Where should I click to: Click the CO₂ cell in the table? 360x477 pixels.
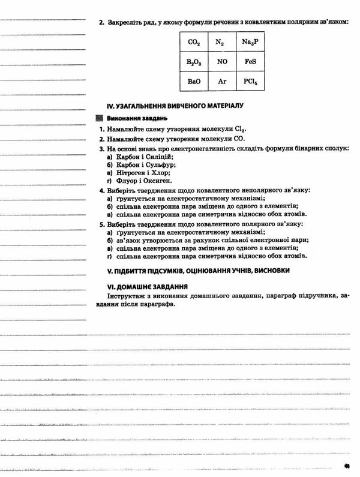point(193,43)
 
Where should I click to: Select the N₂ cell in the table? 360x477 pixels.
point(220,43)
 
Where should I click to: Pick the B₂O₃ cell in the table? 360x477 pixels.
point(193,62)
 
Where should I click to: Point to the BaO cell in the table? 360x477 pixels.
point(193,81)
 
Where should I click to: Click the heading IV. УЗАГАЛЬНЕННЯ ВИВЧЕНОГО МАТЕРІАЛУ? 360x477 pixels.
point(174,106)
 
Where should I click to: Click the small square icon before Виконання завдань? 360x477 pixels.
point(100,119)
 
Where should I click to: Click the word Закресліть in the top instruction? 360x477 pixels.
point(127,22)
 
